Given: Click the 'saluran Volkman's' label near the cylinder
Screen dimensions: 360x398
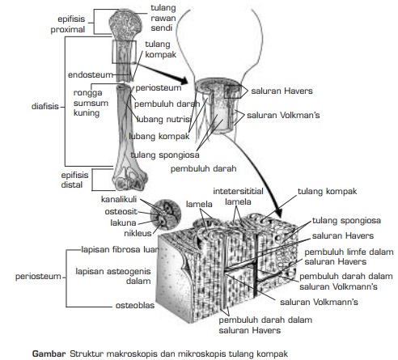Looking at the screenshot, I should [x=283, y=115].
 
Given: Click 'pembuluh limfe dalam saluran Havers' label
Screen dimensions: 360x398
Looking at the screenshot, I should [x=347, y=256].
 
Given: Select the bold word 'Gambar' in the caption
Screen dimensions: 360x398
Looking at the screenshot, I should [x=48, y=353].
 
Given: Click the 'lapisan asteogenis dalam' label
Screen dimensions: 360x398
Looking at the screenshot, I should [x=112, y=277].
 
